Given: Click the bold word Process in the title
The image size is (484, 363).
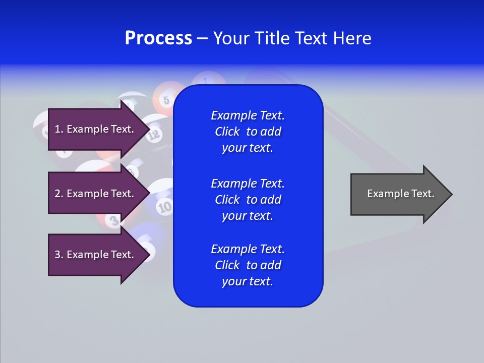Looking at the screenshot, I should pos(158,38).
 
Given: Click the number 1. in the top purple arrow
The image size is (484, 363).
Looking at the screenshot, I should pos(59,129).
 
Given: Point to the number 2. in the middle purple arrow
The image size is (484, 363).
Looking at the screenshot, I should pos(59,194).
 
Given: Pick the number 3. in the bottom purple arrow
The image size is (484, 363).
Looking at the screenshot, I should pos(59,255).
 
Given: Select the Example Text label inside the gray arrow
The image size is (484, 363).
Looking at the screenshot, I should pos(400,194).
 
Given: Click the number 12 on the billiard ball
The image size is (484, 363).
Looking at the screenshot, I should pos(154,134).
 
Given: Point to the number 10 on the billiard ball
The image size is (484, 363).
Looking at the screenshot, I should pos(164,206).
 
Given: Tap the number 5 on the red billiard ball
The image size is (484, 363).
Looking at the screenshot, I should pos(166,99).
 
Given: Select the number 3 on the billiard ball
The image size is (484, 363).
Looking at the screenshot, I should pos(114,220).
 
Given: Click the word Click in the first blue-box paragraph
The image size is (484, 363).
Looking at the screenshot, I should pos(227,132).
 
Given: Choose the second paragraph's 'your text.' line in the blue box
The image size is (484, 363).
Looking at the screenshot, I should pos(247,216).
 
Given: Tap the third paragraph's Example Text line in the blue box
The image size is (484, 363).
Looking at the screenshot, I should pos(248,249).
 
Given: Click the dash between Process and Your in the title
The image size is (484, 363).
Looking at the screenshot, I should pos(202,38).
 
